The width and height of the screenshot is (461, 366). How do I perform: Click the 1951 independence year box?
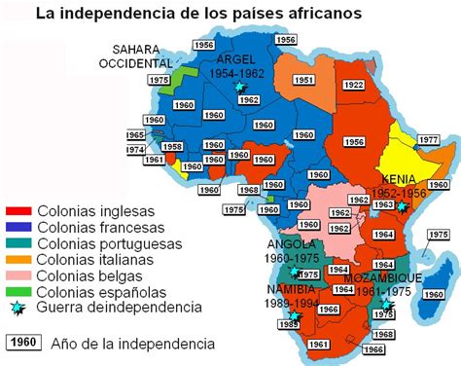click(304, 80)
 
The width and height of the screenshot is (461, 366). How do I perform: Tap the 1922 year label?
click(353, 85)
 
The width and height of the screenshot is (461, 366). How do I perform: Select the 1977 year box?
click(428, 140)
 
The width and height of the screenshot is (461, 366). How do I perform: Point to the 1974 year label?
click(135, 150)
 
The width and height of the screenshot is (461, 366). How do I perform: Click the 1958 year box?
click(172, 147)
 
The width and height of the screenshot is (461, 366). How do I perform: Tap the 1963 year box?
click(385, 205)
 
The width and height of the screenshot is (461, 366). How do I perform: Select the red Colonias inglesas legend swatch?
click(19, 211)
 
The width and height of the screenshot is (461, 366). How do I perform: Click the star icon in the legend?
click(18, 306)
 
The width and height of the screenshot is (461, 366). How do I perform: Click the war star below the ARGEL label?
click(240, 87)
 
